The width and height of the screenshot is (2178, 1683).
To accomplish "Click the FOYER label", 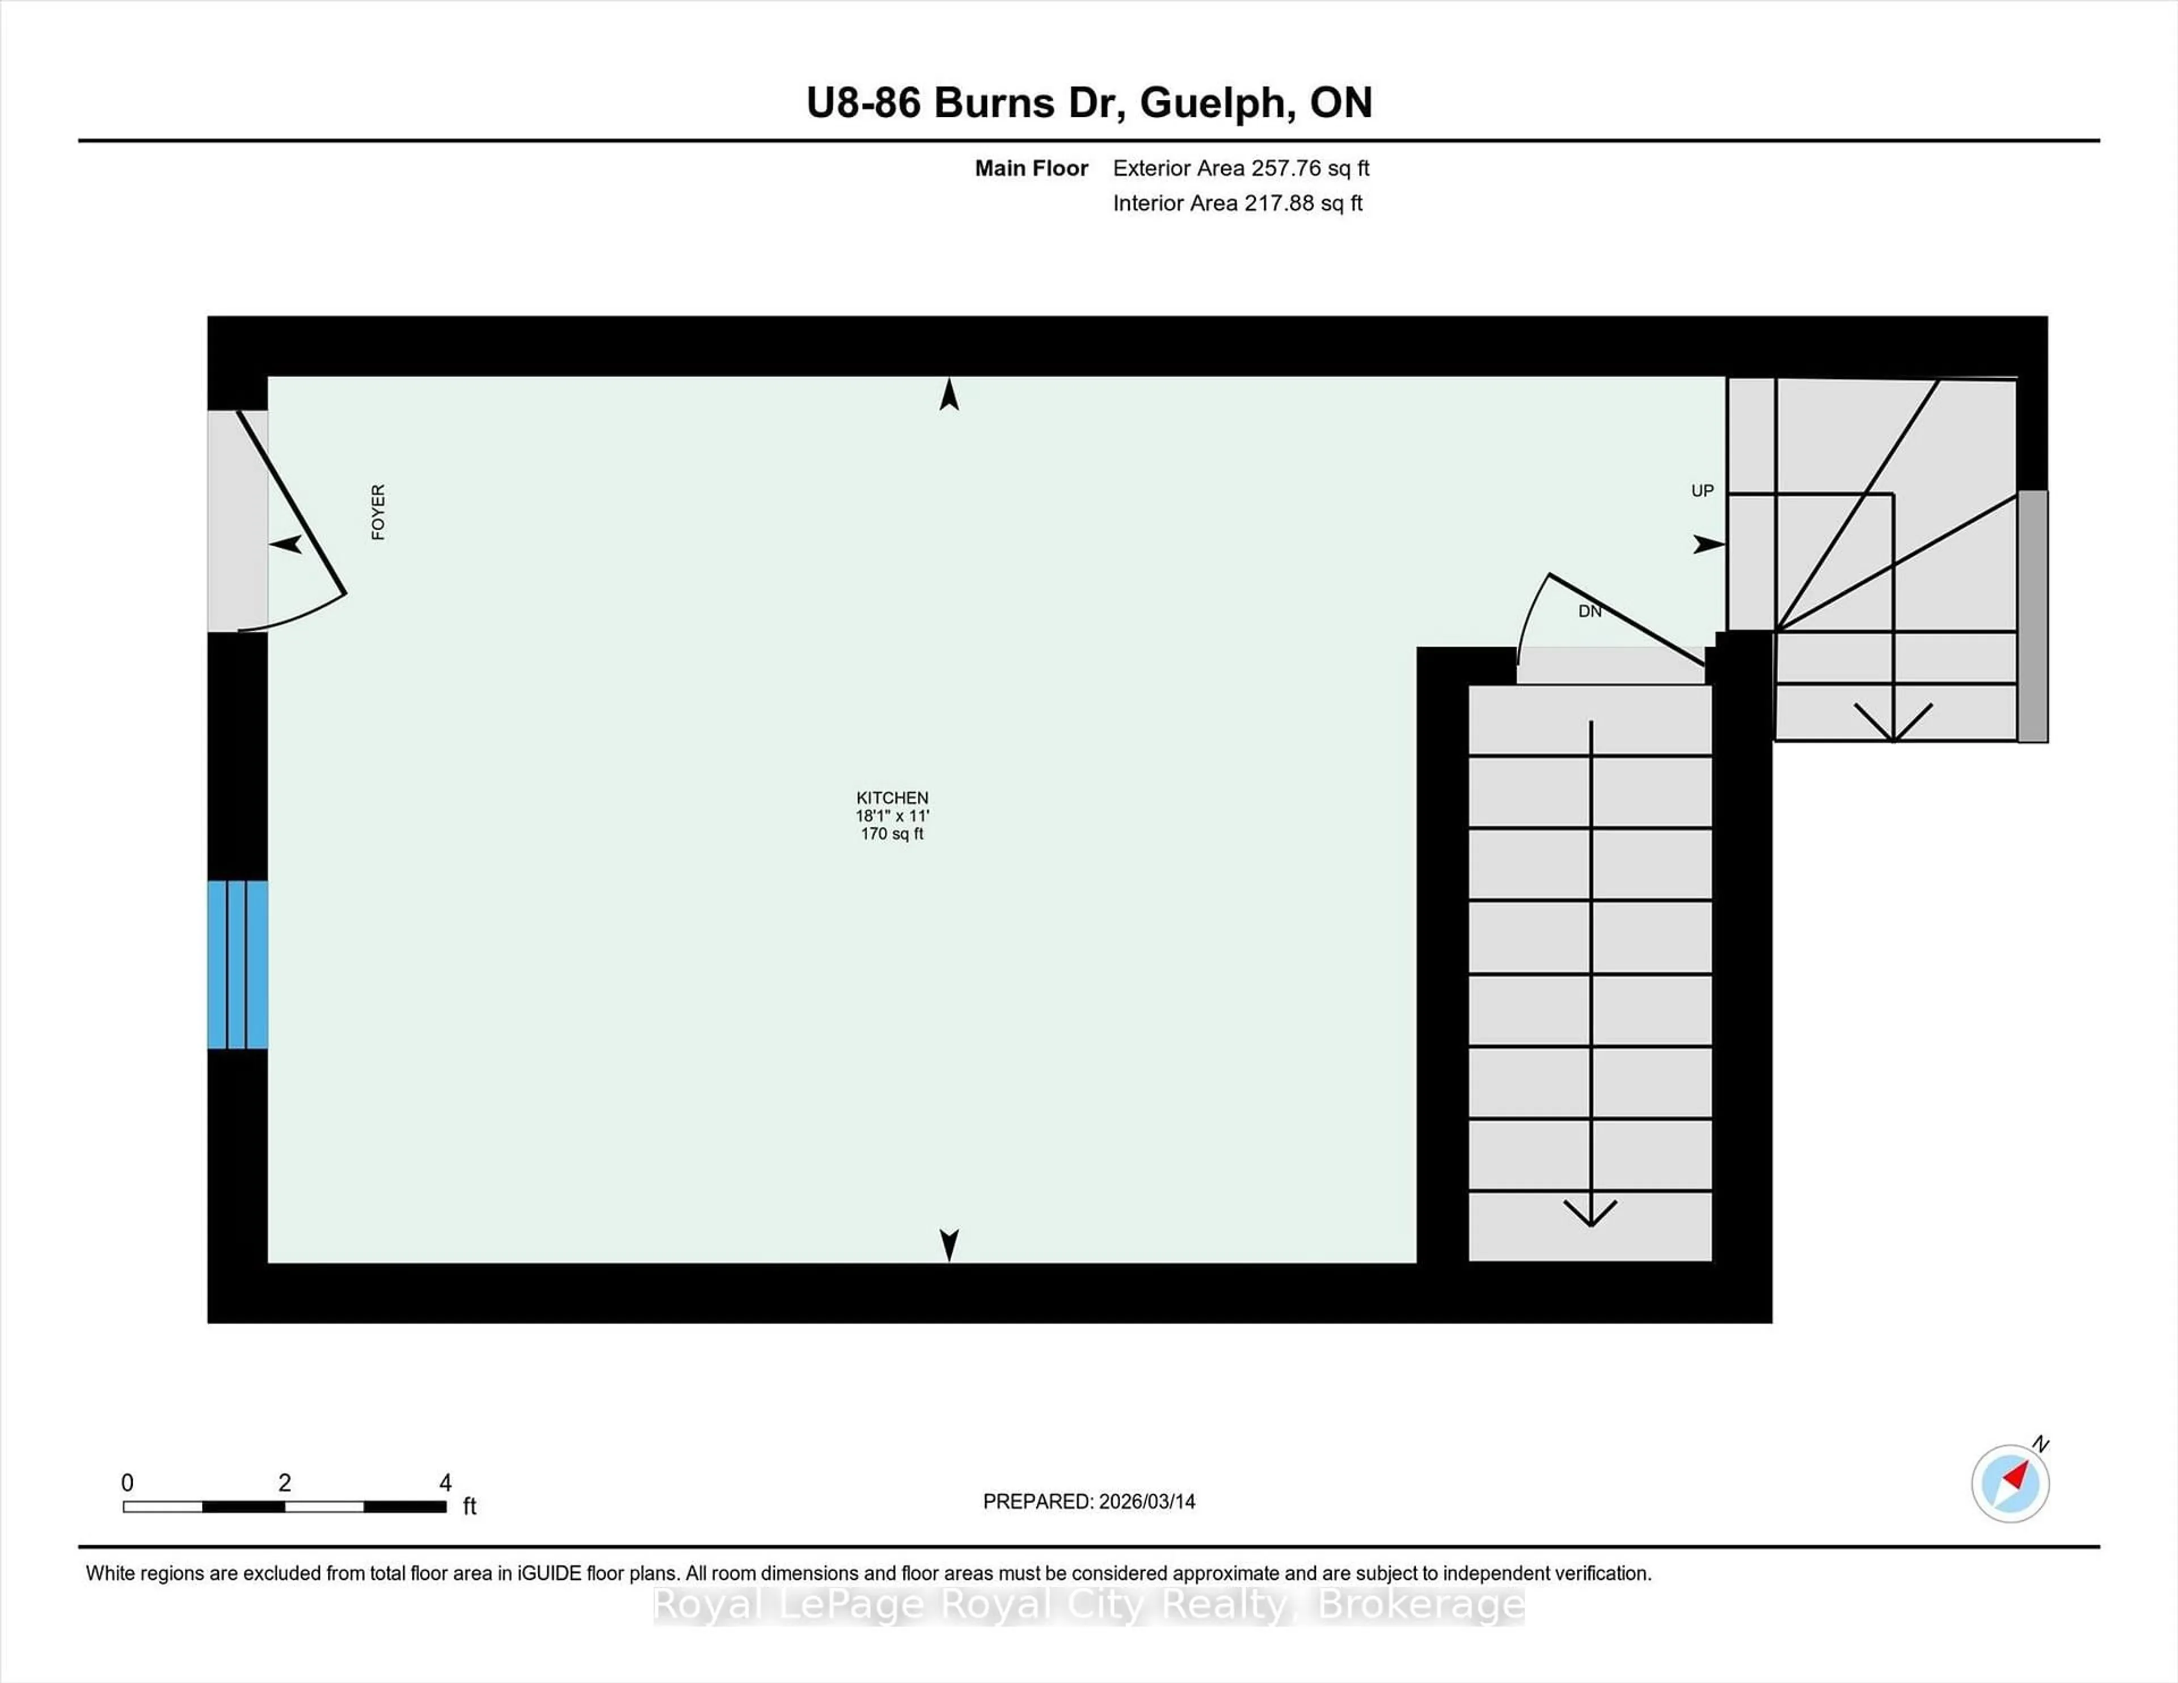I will (x=378, y=513).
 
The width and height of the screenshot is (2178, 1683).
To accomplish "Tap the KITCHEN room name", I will (x=892, y=798).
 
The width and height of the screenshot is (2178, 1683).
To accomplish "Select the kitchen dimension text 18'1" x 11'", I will (x=892, y=815).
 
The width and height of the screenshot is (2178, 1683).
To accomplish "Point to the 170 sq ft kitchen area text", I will (x=892, y=834).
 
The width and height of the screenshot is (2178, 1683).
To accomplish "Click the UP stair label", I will (x=1702, y=490).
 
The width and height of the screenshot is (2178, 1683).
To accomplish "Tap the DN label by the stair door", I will (x=1590, y=611).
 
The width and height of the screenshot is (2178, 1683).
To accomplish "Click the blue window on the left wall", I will (x=237, y=964).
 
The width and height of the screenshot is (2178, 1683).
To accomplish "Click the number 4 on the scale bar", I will (x=446, y=1483).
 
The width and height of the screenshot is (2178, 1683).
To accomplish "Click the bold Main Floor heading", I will (x=1031, y=168).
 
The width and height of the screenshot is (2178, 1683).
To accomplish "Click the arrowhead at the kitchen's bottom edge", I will (x=949, y=1244).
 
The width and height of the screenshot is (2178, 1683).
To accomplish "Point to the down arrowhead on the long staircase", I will (x=1590, y=1212).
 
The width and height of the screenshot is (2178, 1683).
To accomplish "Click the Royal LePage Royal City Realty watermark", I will (x=1089, y=1605).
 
